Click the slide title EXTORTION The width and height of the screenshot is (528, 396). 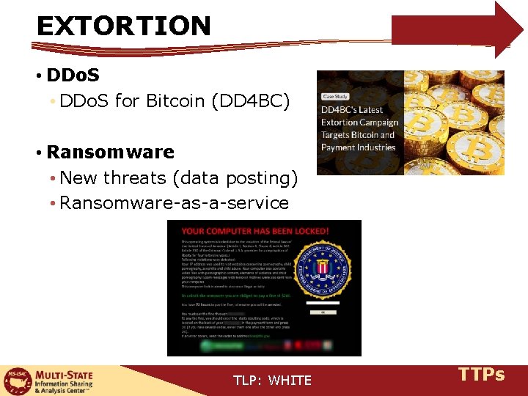tap(123, 26)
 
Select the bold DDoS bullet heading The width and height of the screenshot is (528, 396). tap(73, 76)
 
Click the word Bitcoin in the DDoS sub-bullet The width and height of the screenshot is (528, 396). tap(175, 101)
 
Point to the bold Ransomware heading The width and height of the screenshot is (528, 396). tap(110, 153)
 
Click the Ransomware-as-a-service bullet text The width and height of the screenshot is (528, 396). tap(174, 203)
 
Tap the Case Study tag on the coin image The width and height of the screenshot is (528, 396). tap(335, 96)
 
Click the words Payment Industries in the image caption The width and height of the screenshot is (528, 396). tap(358, 147)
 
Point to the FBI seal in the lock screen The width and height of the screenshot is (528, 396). tap(320, 268)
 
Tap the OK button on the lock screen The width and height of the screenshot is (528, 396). tap(321, 312)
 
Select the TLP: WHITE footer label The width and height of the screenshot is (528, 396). tap(272, 380)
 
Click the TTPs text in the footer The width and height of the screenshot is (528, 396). tap(481, 375)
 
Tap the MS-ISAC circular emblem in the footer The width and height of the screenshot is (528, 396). tap(14, 381)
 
